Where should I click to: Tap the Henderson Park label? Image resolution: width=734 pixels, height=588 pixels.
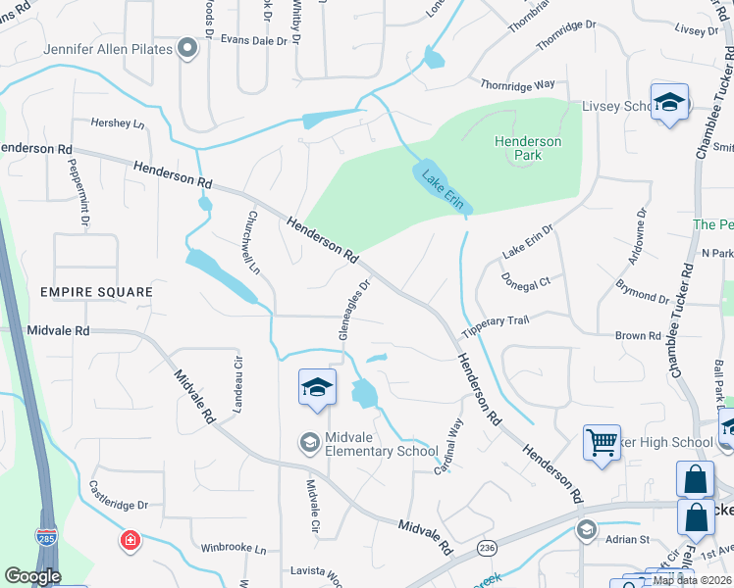tap(528, 148)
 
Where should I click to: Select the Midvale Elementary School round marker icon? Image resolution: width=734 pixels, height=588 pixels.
tap(309, 443)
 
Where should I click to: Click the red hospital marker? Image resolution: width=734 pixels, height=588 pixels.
tap(130, 540)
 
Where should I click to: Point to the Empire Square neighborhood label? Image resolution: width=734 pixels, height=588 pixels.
tap(97, 292)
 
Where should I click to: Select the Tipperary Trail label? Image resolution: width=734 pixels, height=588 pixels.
tap(496, 324)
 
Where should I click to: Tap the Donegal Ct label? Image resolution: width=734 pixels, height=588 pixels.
tap(527, 279)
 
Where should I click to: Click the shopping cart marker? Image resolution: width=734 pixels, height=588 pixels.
tap(601, 442)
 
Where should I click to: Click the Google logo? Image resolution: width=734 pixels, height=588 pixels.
tap(32, 576)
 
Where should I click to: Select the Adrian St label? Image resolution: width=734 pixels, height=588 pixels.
tap(631, 539)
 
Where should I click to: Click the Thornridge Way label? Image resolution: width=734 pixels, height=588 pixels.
tap(517, 85)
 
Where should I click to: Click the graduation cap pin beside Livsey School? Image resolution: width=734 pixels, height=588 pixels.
tap(669, 102)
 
